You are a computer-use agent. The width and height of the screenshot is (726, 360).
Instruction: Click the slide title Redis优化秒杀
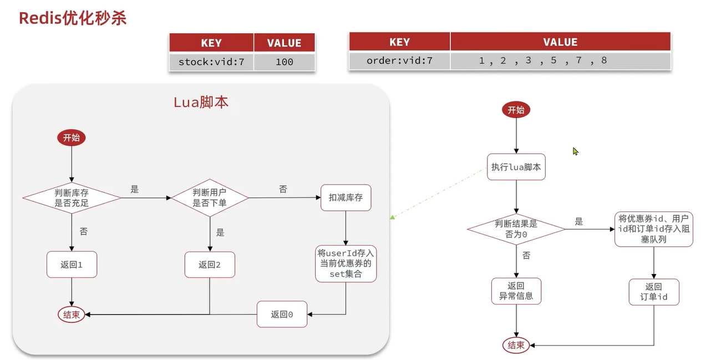pyautogui.click(x=73, y=18)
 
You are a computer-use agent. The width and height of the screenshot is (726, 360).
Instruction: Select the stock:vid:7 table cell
pyautogui.click(x=211, y=62)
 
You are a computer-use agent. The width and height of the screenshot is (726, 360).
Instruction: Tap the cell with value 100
pyautogui.click(x=284, y=62)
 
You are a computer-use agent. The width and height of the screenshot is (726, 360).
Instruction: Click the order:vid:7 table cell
pyautogui.click(x=399, y=60)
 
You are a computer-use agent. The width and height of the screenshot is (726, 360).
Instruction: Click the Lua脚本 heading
pyautogui.click(x=201, y=103)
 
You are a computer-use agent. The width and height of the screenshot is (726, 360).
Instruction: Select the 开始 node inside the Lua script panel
pyautogui.click(x=72, y=138)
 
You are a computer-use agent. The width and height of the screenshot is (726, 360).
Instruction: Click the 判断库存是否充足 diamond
pyautogui.click(x=72, y=198)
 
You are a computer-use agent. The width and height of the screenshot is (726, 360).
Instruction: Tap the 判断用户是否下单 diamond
pyautogui.click(x=210, y=198)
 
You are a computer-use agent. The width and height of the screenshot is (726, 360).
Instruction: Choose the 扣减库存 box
pyautogui.click(x=346, y=197)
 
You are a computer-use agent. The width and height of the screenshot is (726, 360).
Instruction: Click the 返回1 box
pyautogui.click(x=72, y=265)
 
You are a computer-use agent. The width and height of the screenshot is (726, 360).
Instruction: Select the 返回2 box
pyautogui.click(x=210, y=265)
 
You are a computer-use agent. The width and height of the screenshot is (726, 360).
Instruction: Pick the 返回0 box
pyautogui.click(x=282, y=315)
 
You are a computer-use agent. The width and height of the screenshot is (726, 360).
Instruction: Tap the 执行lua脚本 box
pyautogui.click(x=516, y=167)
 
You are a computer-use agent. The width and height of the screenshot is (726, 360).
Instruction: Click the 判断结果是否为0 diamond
pyautogui.click(x=516, y=229)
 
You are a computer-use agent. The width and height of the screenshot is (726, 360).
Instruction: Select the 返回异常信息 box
pyautogui.click(x=516, y=291)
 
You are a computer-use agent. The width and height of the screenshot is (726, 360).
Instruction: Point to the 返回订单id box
pyautogui.click(x=654, y=292)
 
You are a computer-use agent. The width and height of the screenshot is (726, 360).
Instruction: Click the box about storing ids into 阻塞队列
pyautogui.click(x=654, y=229)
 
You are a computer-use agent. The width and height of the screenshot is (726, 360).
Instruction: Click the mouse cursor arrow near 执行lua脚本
pyautogui.click(x=575, y=151)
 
